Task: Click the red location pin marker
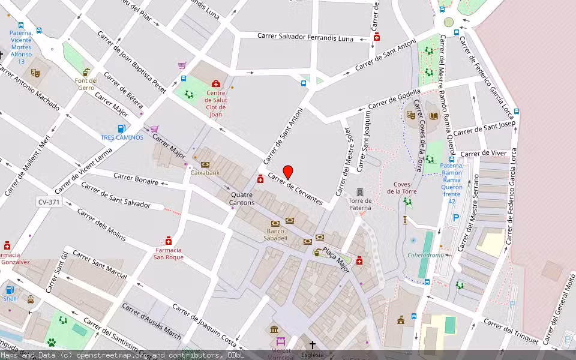(x=288, y=172)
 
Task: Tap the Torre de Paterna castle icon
(x=360, y=191)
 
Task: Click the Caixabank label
(x=205, y=172)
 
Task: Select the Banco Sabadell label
(x=277, y=235)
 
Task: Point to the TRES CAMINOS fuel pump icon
(x=121, y=128)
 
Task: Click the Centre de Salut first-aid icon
(x=216, y=83)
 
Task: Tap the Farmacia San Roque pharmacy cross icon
(x=169, y=240)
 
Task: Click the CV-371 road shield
(x=49, y=202)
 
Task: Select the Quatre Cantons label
(x=241, y=199)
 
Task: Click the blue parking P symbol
(x=456, y=218)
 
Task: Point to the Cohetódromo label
(x=426, y=255)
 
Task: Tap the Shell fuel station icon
(x=10, y=290)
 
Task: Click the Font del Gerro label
(x=86, y=83)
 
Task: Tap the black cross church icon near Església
(x=312, y=345)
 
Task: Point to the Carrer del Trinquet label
(x=511, y=332)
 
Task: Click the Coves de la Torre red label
(x=402, y=188)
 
